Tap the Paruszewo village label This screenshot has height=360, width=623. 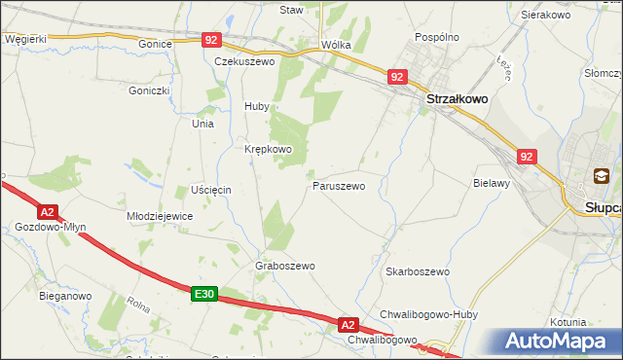click(x=339, y=185)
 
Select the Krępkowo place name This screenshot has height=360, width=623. click(x=268, y=149)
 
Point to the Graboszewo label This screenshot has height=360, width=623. click(x=285, y=266)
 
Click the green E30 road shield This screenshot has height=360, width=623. click(x=202, y=294)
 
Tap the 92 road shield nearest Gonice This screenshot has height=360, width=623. click(x=212, y=40)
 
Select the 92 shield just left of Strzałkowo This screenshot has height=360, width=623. click(x=395, y=76)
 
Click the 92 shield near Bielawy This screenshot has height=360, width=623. click(x=527, y=156)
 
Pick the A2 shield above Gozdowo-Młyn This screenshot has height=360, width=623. click(x=47, y=211)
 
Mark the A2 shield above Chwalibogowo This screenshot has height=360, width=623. click(x=349, y=324)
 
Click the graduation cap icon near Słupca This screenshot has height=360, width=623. click(x=601, y=176)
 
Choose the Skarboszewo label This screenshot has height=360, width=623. click(x=417, y=272)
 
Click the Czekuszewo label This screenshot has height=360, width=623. click(x=244, y=60)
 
